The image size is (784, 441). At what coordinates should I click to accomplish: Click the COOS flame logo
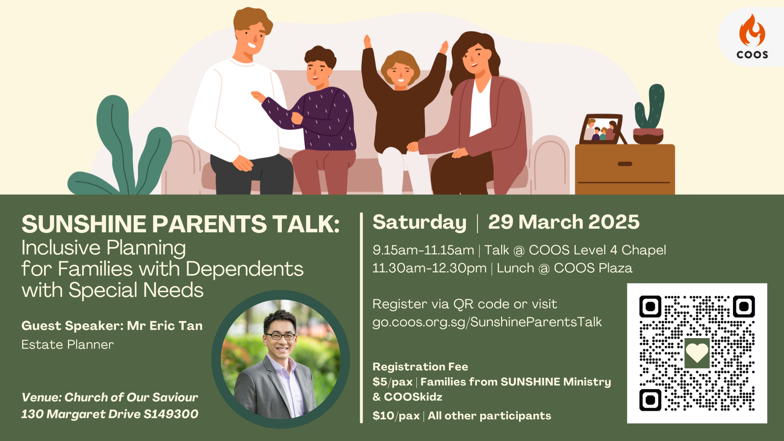point(752,30)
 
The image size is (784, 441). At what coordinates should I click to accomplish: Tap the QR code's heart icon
point(696,353)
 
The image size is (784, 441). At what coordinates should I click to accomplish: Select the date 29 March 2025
point(563,222)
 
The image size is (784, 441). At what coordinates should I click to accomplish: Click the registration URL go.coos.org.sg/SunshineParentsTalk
point(487,322)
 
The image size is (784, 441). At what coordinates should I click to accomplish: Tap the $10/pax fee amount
point(396,416)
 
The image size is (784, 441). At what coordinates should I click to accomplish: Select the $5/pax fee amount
point(392,382)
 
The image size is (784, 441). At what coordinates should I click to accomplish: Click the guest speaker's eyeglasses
point(280,336)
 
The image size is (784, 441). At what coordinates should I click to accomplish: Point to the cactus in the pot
point(650,106)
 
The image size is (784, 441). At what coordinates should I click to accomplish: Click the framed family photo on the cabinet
point(602,129)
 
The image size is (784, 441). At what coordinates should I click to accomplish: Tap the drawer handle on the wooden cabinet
point(625,164)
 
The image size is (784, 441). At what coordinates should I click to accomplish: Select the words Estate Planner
point(68,345)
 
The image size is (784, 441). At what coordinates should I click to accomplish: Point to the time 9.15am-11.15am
point(423,250)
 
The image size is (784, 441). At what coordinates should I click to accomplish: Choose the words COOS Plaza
point(593,268)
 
